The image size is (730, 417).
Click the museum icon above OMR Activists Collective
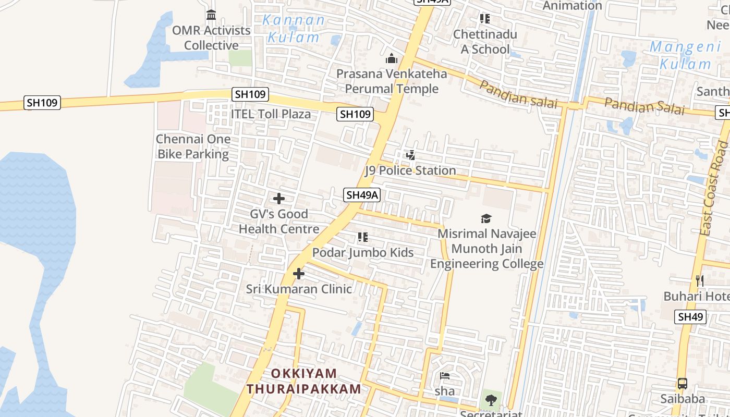click(x=211, y=15)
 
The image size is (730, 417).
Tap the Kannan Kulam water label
click(x=294, y=29)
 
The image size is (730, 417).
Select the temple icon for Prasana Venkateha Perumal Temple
click(x=392, y=58)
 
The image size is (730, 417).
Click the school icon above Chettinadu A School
click(x=485, y=19)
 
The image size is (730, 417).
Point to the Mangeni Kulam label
click(x=685, y=56)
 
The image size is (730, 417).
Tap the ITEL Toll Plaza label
click(x=271, y=114)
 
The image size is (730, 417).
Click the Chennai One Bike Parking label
click(x=193, y=146)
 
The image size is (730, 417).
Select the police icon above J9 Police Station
click(x=411, y=155)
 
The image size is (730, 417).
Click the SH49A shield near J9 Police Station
click(x=362, y=195)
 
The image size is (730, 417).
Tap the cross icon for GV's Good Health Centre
click(x=279, y=199)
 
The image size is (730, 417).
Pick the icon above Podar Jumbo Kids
click(x=363, y=238)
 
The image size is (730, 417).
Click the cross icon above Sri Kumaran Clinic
click(x=299, y=274)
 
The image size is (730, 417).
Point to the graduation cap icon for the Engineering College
click(x=486, y=218)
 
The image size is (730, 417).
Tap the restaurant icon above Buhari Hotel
click(x=700, y=281)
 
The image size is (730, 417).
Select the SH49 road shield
click(x=690, y=316)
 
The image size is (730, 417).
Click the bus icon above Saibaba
click(x=683, y=384)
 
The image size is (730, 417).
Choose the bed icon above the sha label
click(x=445, y=375)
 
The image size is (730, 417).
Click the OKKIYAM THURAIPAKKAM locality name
click(x=304, y=381)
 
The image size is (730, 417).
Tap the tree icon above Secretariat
click(x=491, y=400)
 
